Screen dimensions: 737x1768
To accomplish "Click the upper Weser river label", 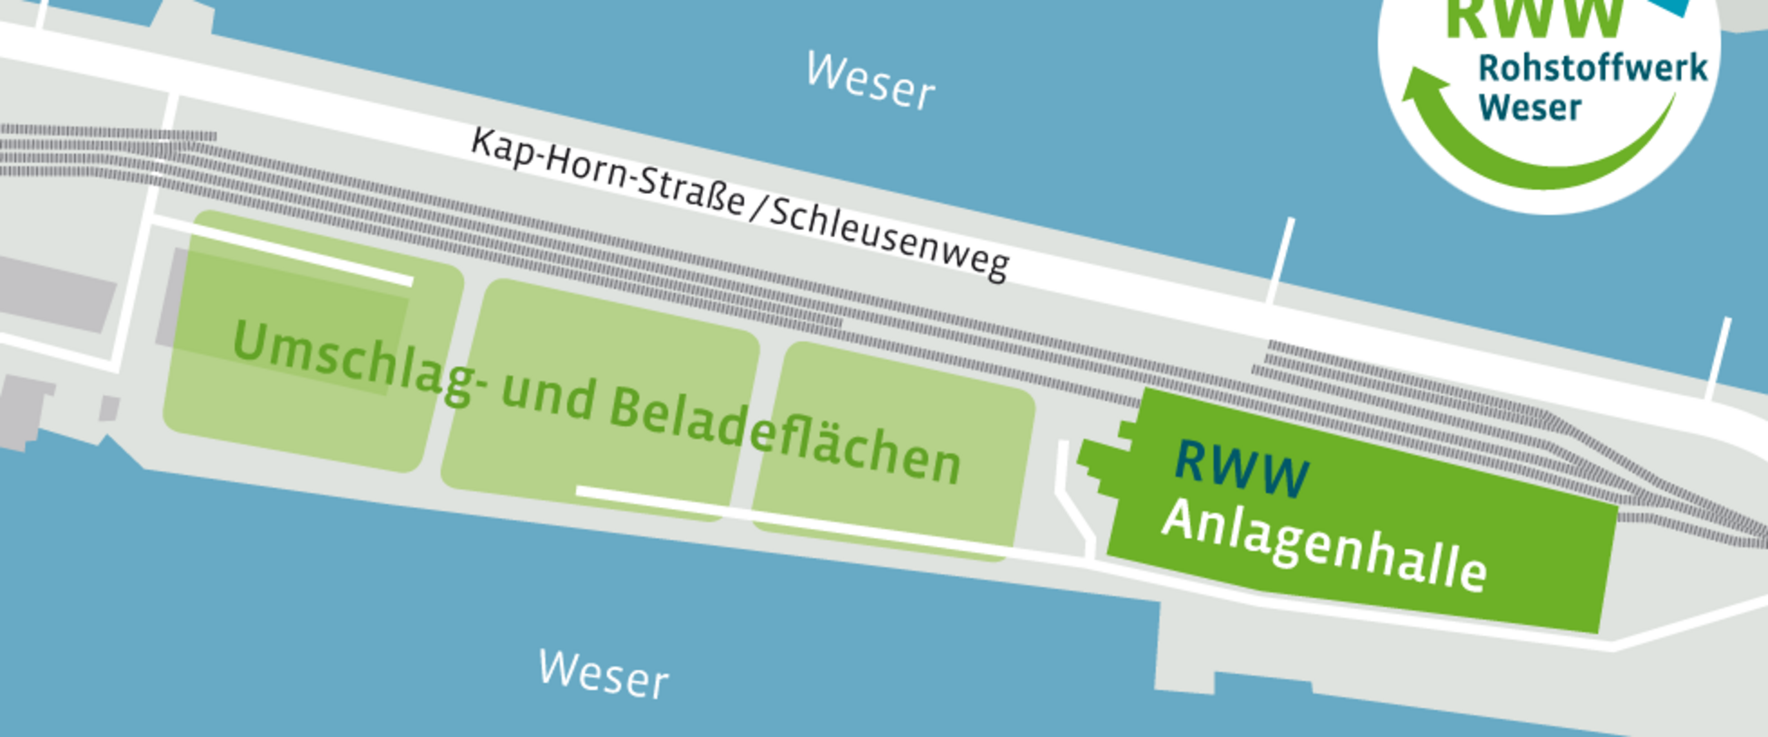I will [x=871, y=82].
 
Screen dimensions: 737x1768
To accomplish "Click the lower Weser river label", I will [x=604, y=673].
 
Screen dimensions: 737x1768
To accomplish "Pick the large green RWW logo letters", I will [x=1533, y=17].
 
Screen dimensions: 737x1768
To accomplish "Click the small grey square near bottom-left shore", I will [x=109, y=408].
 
